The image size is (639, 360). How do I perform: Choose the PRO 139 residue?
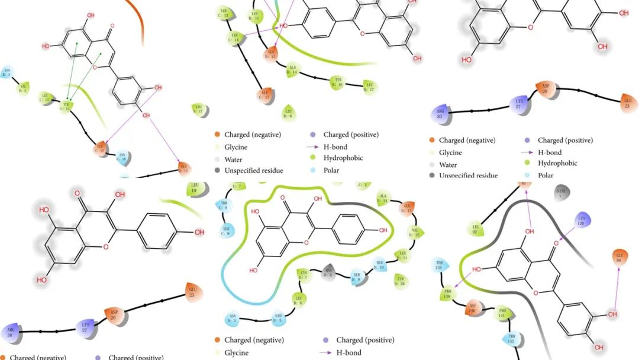click(448, 293)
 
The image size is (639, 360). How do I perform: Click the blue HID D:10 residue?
click(380, 264)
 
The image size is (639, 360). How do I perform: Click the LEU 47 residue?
click(199, 108)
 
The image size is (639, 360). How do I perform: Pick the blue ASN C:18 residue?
click(122, 157)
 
